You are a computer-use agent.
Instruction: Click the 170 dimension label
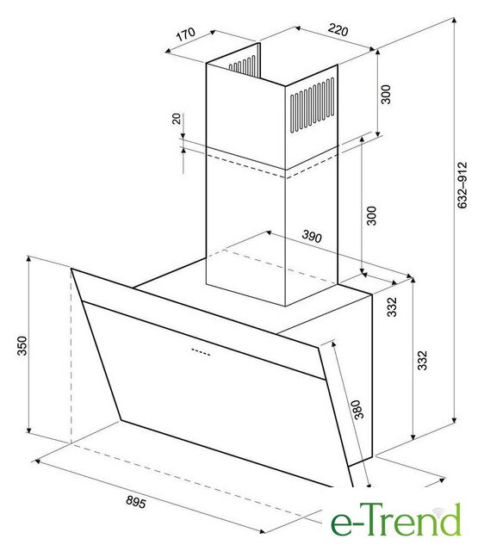(185, 34)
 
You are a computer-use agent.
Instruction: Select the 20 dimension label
(177, 119)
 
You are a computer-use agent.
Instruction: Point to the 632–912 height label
(462, 185)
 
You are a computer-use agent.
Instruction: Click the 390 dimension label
(312, 237)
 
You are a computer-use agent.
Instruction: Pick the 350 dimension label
(22, 346)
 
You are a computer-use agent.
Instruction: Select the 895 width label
(136, 501)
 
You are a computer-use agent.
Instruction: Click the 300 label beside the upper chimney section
(386, 94)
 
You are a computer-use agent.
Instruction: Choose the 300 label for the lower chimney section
(371, 215)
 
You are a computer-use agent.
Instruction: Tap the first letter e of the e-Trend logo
(340, 525)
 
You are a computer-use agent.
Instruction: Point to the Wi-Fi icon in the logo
(437, 511)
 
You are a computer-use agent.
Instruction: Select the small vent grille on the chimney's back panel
(242, 65)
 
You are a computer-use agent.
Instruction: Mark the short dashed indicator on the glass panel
(201, 352)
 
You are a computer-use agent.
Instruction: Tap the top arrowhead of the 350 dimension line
(28, 259)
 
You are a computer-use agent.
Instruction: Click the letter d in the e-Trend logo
(450, 520)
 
